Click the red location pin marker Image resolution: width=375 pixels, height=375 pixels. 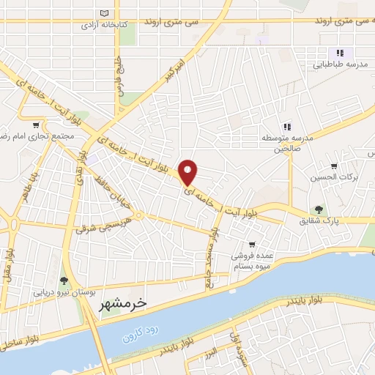[189, 171]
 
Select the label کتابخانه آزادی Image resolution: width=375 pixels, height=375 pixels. [103, 25]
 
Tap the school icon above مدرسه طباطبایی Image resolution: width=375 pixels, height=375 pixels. [340, 53]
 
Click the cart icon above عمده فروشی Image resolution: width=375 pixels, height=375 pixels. [252, 244]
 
